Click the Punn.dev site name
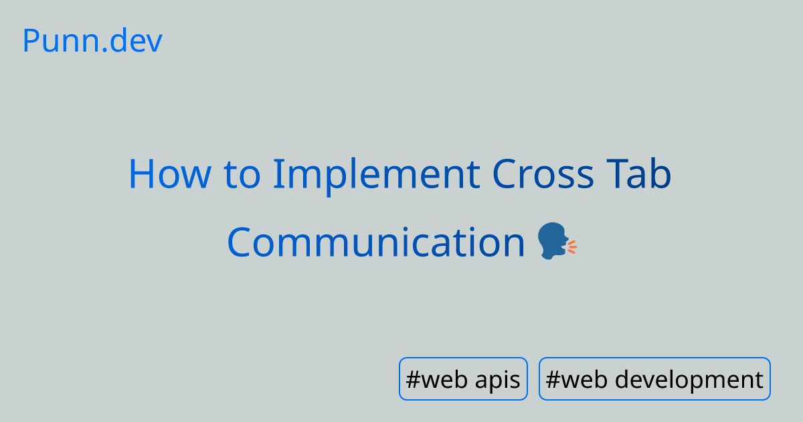click(x=92, y=42)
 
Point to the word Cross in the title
click(x=543, y=173)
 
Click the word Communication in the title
click(x=376, y=242)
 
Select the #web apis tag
click(x=463, y=379)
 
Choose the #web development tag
click(x=654, y=379)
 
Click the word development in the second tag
click(x=689, y=380)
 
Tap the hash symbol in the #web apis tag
click(x=412, y=379)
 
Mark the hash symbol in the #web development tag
click(x=553, y=379)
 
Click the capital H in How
click(x=142, y=173)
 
